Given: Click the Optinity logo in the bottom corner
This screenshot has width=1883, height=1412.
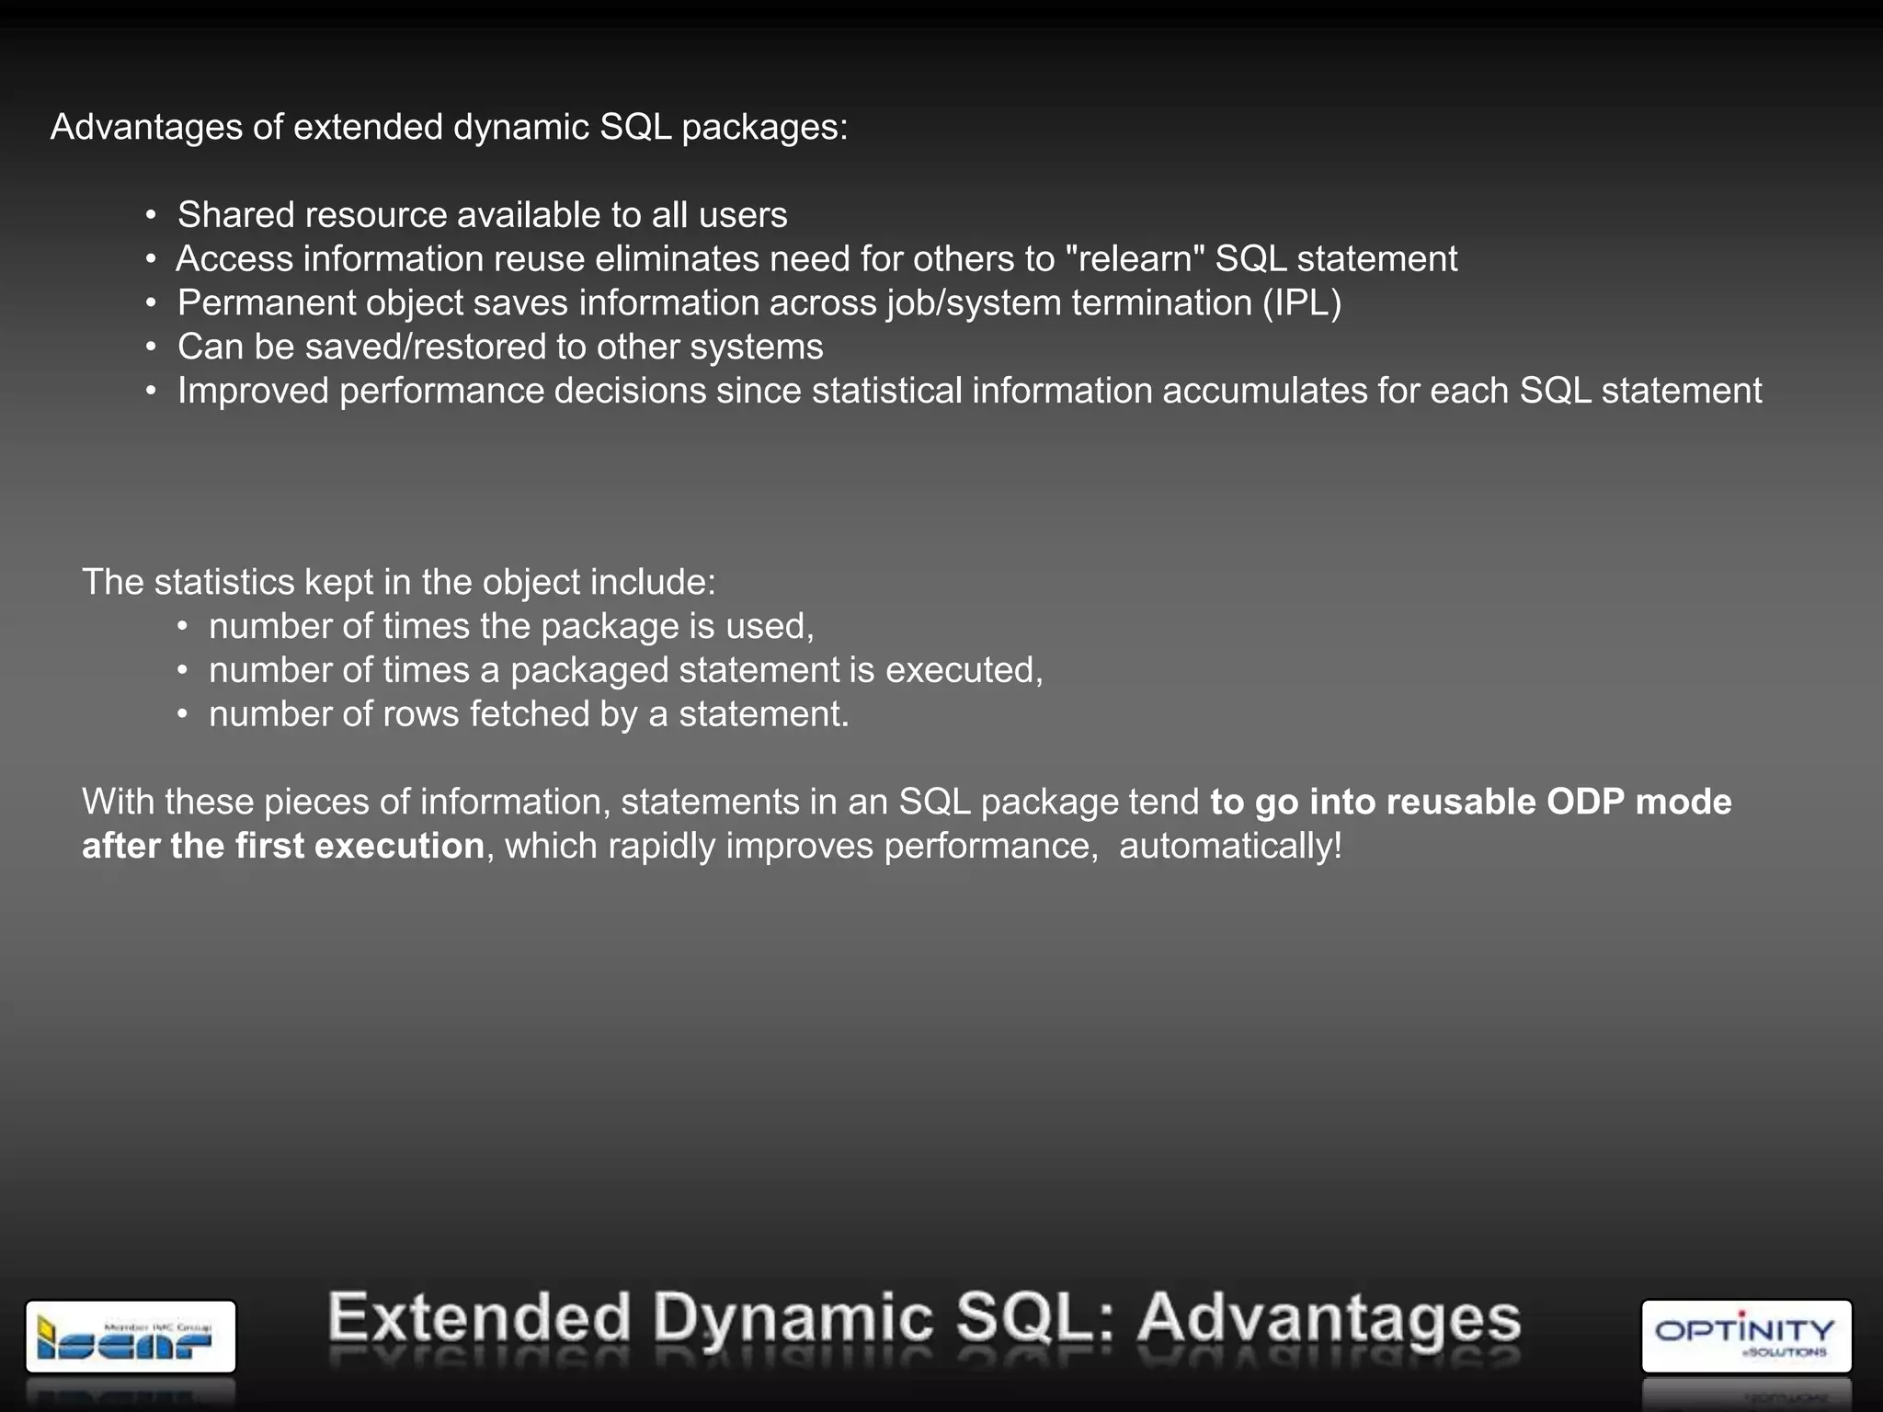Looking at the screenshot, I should pyautogui.click(x=1745, y=1336).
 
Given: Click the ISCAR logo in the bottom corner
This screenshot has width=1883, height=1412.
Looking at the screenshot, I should pyautogui.click(x=131, y=1336).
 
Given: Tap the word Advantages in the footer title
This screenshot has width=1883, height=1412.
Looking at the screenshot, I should pyautogui.click(x=1329, y=1318).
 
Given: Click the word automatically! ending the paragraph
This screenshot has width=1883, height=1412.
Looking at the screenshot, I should pyautogui.click(x=1229, y=846).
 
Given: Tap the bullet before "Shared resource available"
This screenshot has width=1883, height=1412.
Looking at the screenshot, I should pyautogui.click(x=151, y=216).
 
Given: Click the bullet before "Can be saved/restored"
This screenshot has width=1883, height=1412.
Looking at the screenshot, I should pyautogui.click(x=151, y=347).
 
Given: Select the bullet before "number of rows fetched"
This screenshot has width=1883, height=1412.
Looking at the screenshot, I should pyautogui.click(x=183, y=714).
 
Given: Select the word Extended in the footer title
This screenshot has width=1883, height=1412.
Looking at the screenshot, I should pyautogui.click(x=479, y=1318).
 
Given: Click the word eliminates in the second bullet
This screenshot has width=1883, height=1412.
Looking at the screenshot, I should pyautogui.click(x=677, y=258).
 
